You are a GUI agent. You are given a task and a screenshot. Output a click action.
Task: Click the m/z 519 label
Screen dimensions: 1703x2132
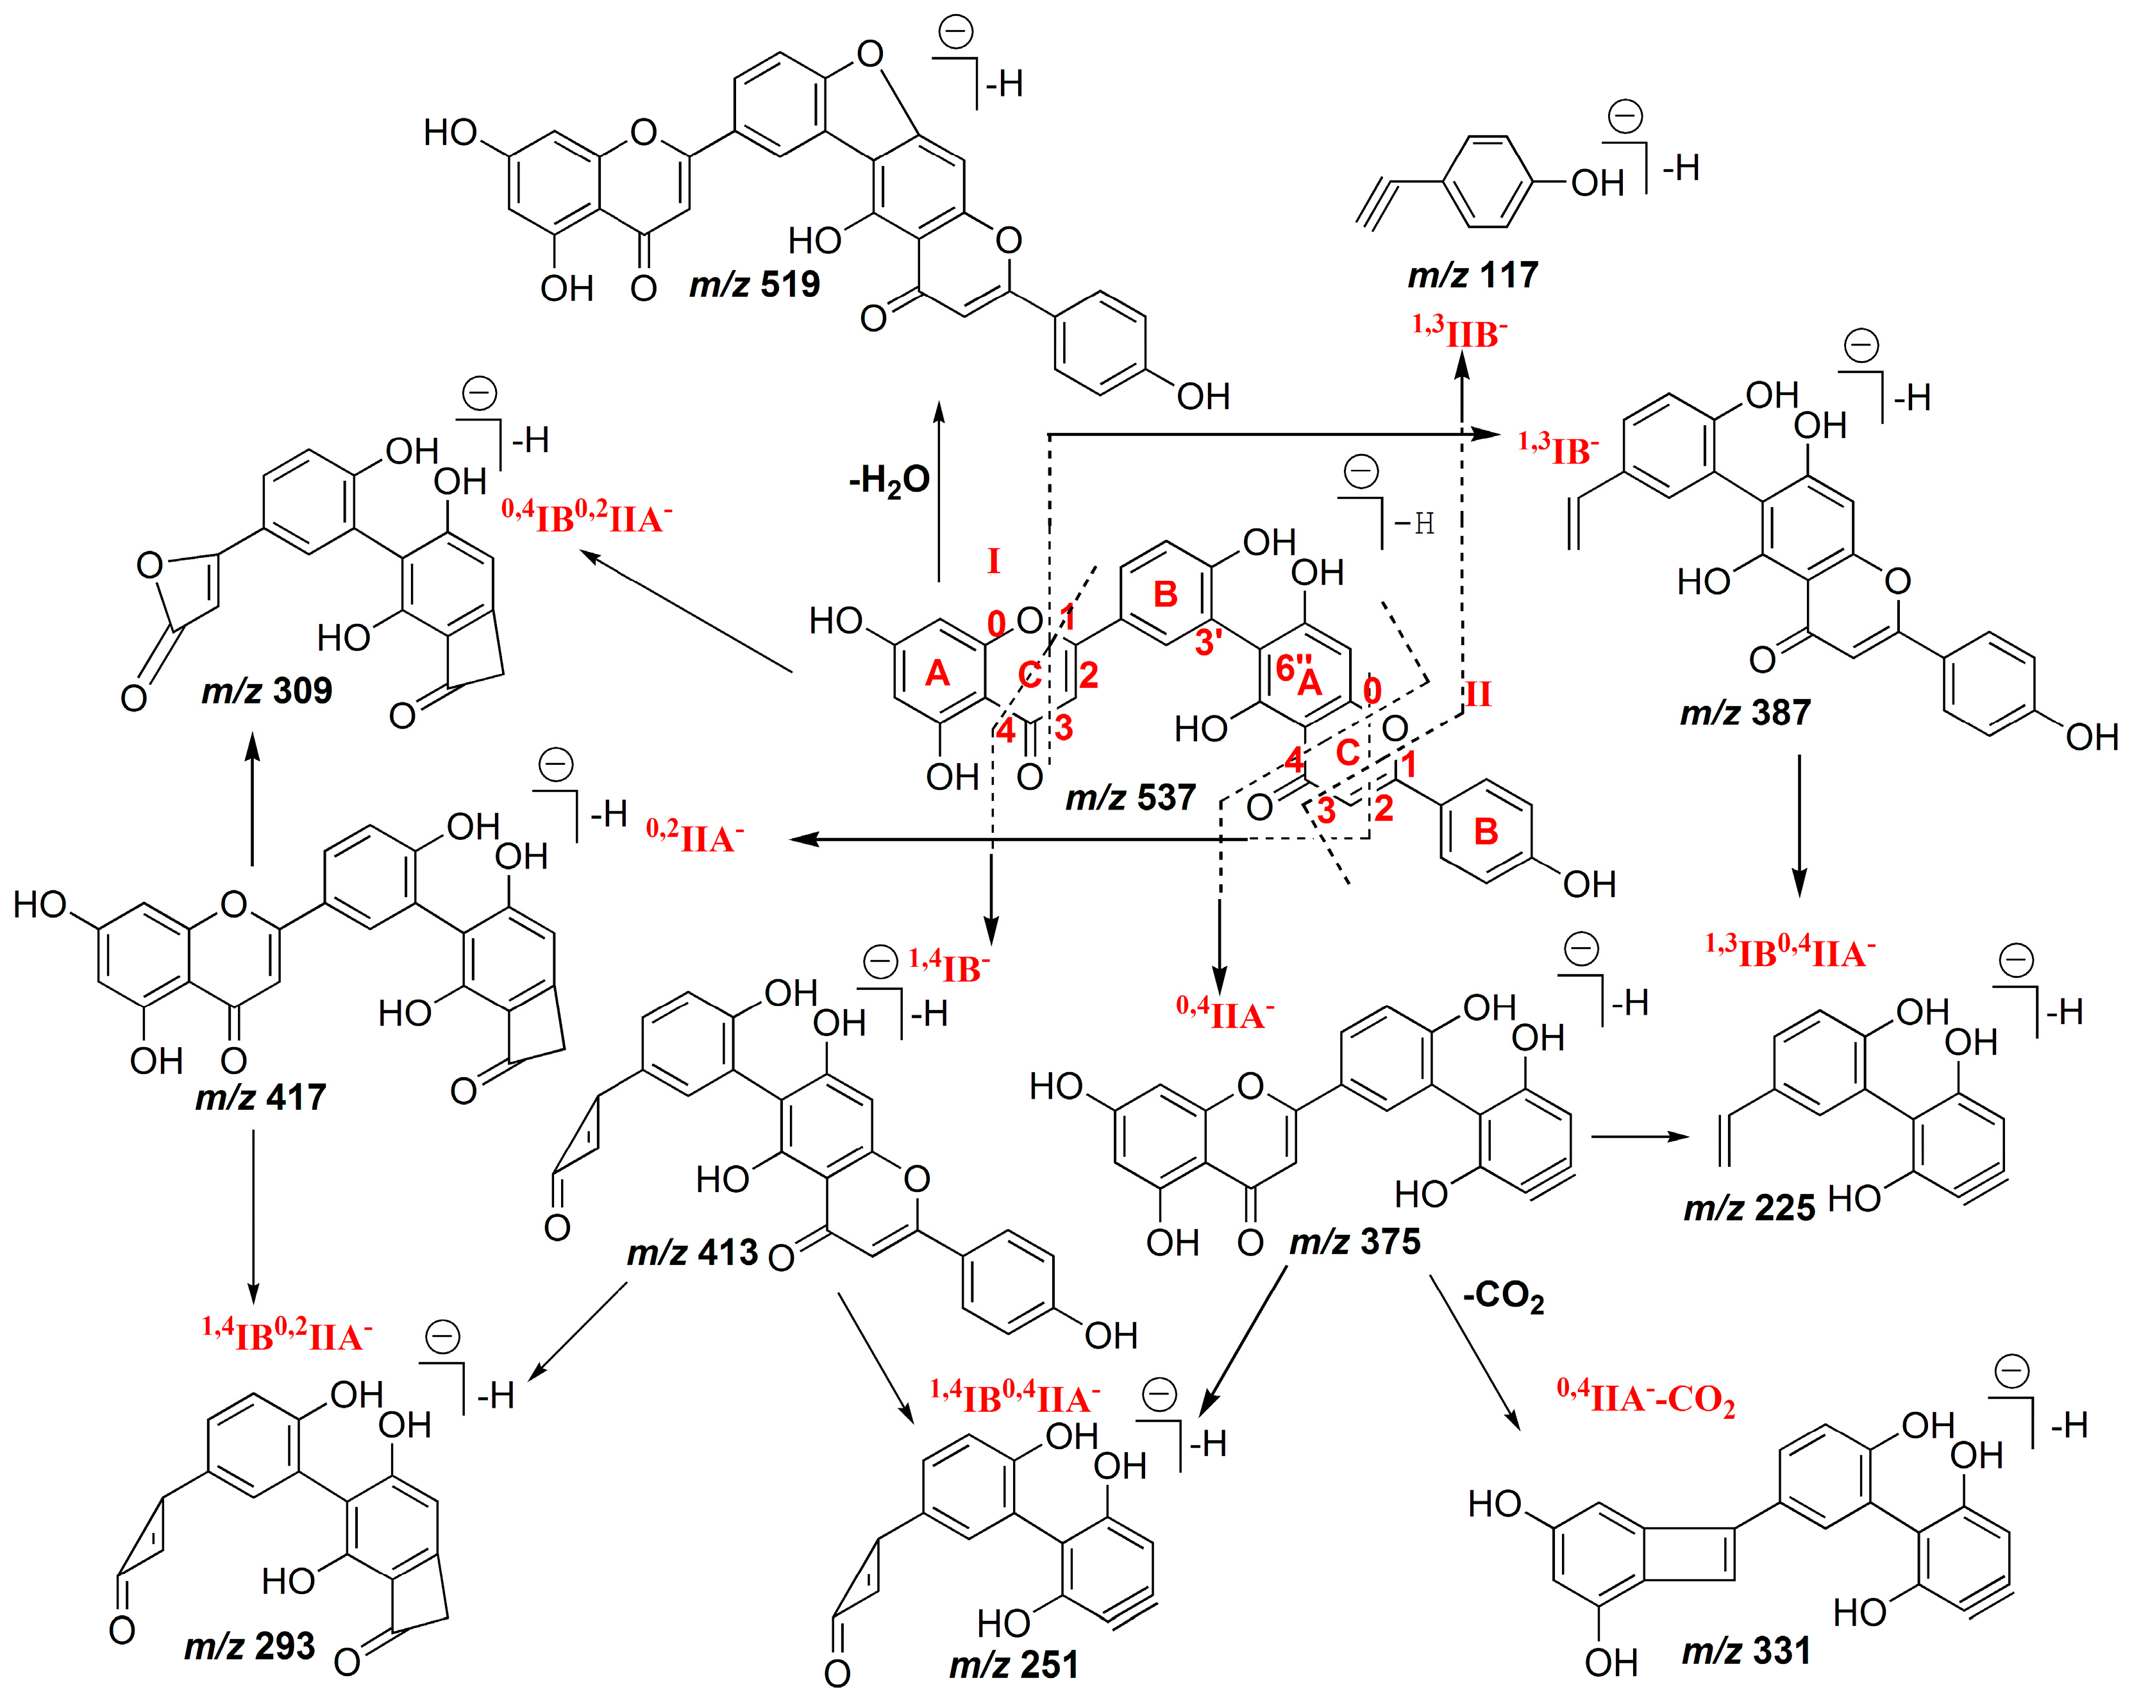pyautogui.click(x=755, y=285)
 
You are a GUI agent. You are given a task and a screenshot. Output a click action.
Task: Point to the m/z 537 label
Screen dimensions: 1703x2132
pyautogui.click(x=1130, y=797)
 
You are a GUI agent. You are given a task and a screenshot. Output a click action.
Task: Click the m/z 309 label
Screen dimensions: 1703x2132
pyautogui.click(x=267, y=691)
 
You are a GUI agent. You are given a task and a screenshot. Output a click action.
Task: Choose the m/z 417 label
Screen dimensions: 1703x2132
pyautogui.click(x=260, y=1097)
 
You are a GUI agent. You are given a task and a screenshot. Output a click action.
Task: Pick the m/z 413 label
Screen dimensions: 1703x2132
pyautogui.click(x=692, y=1253)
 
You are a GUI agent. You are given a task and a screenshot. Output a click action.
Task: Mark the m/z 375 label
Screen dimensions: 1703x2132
pyautogui.click(x=1355, y=1241)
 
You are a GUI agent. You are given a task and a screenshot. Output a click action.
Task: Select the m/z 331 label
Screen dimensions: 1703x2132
pyautogui.click(x=1747, y=1650)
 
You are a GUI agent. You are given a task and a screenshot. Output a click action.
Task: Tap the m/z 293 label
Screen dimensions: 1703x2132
pyautogui.click(x=249, y=1646)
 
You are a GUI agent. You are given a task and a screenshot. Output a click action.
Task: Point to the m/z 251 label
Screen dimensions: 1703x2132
pyautogui.click(x=1014, y=1665)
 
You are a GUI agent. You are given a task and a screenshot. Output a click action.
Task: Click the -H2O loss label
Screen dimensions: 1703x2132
pyautogui.click(x=888, y=481)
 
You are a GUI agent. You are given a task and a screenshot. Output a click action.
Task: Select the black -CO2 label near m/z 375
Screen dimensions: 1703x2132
pyautogui.click(x=1503, y=1296)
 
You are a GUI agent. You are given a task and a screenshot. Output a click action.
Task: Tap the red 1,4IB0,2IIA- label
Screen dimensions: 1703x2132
pyautogui.click(x=287, y=1334)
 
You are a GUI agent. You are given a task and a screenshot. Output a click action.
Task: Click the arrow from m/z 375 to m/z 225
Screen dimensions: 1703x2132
pyautogui.click(x=1638, y=1137)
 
